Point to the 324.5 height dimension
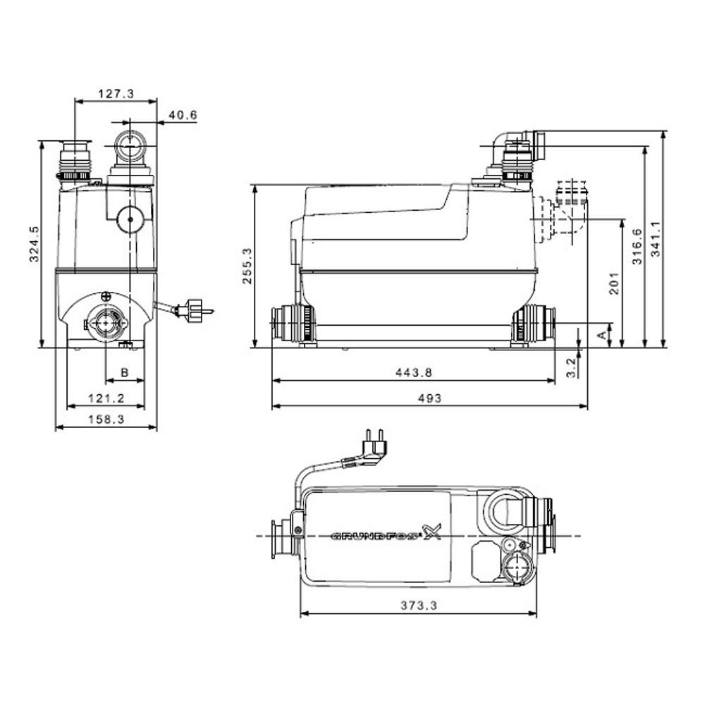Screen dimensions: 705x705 click(34, 244)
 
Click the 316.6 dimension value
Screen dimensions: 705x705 click(637, 247)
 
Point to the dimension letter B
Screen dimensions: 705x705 click(124, 371)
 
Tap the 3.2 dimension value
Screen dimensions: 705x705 click(571, 364)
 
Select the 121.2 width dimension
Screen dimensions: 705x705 click(106, 398)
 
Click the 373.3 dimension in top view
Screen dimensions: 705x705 click(419, 605)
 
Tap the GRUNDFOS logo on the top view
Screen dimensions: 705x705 click(385, 535)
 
